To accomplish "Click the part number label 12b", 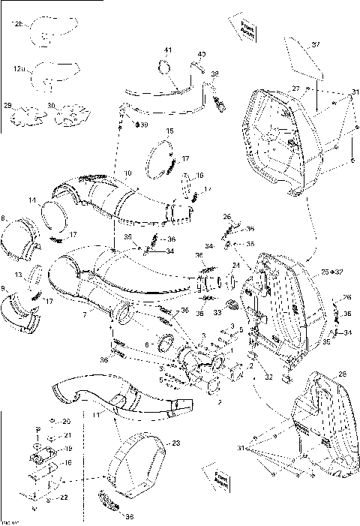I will click(17, 25).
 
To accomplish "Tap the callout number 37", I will click(316, 44).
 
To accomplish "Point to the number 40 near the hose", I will click(201, 55).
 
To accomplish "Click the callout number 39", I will click(144, 124).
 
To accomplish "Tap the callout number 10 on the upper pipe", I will click(127, 174).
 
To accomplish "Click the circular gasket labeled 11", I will click(54, 213).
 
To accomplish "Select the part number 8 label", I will click(5, 218).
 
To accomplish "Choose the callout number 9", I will click(5, 288).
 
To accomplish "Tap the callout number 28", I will click(342, 373).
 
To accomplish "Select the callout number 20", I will click(65, 421).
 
